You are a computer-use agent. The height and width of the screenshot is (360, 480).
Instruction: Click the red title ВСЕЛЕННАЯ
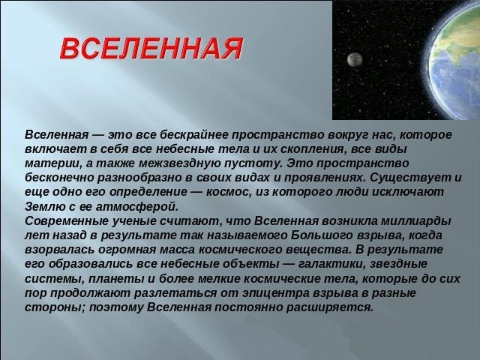(x=151, y=48)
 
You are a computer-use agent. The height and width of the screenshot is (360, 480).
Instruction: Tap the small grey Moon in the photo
(x=355, y=59)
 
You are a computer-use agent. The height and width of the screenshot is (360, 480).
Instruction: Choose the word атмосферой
(x=137, y=207)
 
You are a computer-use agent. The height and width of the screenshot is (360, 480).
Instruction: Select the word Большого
(x=321, y=235)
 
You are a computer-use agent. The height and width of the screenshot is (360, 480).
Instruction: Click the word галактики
(x=331, y=264)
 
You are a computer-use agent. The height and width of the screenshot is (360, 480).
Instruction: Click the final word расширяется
(x=330, y=307)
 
